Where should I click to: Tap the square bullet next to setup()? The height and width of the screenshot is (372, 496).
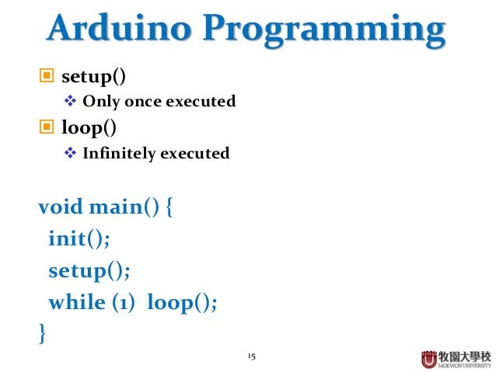coord(47,77)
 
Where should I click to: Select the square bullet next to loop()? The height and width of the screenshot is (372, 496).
coord(47,127)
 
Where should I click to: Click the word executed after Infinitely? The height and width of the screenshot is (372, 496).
coord(194,153)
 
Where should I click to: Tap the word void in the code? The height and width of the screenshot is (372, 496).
coord(61,207)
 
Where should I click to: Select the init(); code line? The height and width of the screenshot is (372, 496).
coord(79,238)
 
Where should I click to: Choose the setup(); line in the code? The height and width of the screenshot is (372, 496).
coord(89,270)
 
